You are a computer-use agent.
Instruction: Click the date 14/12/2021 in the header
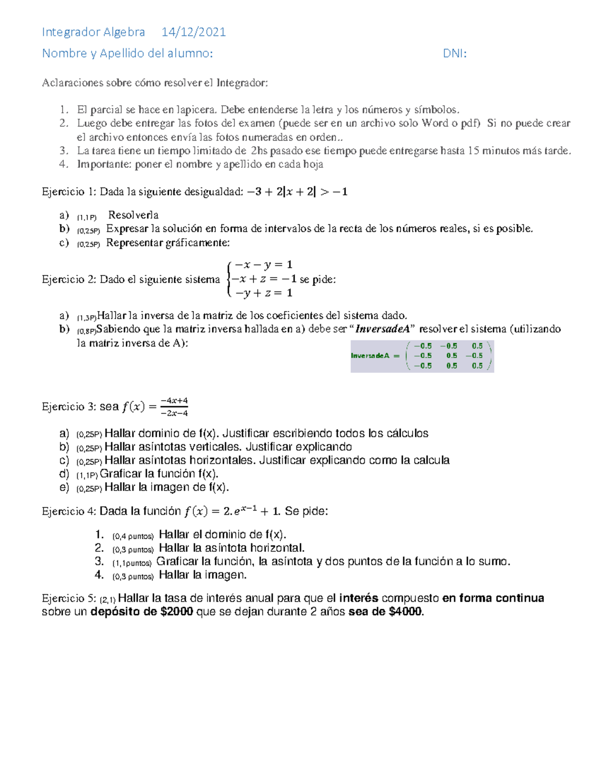click(x=193, y=32)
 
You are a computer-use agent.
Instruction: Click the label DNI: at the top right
click(x=455, y=54)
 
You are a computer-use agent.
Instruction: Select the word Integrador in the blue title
click(x=71, y=32)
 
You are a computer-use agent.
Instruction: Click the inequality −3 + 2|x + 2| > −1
click(x=297, y=191)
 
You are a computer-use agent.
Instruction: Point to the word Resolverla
click(x=133, y=215)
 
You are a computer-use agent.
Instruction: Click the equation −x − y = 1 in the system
click(x=263, y=265)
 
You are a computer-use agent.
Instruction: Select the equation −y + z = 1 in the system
click(x=263, y=293)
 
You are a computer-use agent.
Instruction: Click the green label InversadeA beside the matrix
click(x=370, y=356)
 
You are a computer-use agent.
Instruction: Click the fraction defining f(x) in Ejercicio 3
click(x=174, y=407)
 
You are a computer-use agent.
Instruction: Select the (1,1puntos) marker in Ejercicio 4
click(x=132, y=563)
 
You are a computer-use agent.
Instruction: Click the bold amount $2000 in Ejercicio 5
click(x=177, y=612)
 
